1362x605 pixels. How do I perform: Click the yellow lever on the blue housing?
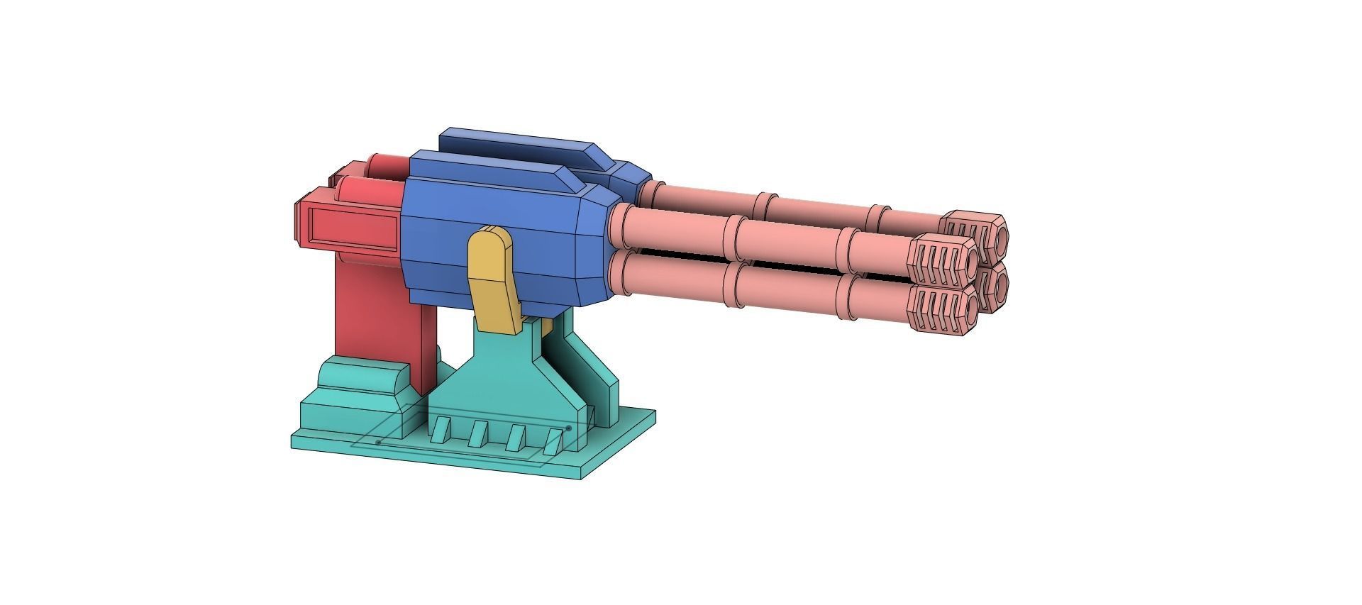[x=494, y=280]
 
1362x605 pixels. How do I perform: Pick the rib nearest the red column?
[x=441, y=430]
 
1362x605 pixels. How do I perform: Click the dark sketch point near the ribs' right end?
[x=568, y=428]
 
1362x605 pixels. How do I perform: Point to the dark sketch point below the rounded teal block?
[x=378, y=443]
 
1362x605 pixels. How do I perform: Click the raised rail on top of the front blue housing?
[x=497, y=169]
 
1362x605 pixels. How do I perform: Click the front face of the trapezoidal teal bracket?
[x=497, y=383]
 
